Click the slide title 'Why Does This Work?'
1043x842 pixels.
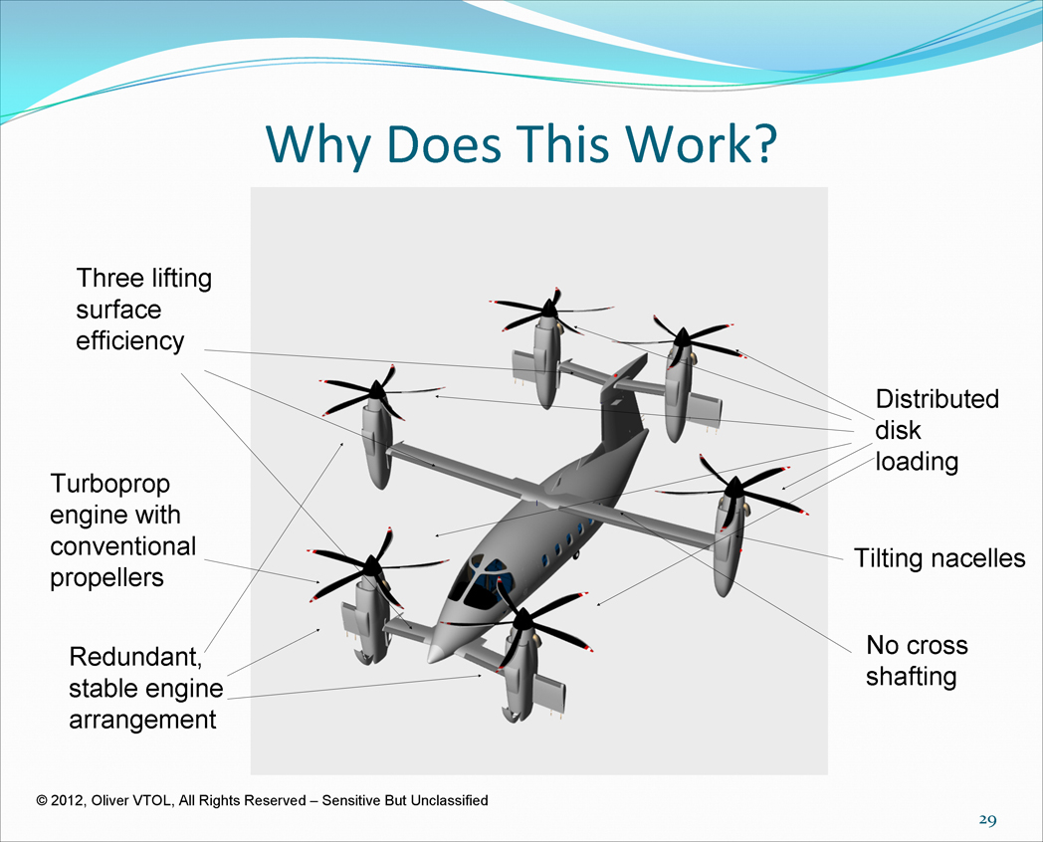coord(521,143)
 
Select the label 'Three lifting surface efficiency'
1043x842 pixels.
coord(143,310)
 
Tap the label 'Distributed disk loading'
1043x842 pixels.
coord(938,430)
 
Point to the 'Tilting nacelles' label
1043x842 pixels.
coord(939,558)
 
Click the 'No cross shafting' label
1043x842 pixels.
coord(917,661)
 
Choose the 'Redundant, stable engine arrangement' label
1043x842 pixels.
coord(146,688)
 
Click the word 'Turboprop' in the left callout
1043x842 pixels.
coord(109,484)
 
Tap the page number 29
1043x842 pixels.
coord(987,820)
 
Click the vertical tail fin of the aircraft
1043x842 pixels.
coord(622,406)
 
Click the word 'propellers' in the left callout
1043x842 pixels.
coord(106,578)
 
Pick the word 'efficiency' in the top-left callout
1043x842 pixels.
coord(129,341)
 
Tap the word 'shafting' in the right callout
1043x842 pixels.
coord(912,677)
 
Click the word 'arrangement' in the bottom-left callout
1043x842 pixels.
coord(142,721)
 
